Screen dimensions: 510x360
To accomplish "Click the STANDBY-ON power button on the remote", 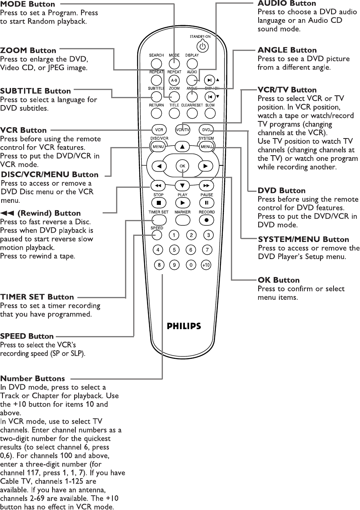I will click(x=204, y=46).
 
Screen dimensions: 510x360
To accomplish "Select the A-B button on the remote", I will click(x=174, y=80).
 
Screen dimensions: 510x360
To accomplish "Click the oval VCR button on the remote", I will click(x=158, y=130).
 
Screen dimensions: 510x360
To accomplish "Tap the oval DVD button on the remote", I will click(x=206, y=130).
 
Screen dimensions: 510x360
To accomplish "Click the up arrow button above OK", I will click(x=182, y=147).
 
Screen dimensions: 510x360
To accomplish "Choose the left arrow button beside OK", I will click(x=159, y=166).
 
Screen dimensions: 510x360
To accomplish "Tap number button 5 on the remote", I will click(x=174, y=250).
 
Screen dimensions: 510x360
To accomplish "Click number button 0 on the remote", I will click(x=191, y=265).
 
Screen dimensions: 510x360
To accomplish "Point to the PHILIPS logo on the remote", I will click(x=184, y=326).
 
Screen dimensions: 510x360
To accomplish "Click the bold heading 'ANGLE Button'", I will click(x=287, y=50).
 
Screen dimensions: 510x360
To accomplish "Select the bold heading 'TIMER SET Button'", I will click(x=37, y=297).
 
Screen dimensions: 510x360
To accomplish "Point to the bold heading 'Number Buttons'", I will click(x=33, y=379).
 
